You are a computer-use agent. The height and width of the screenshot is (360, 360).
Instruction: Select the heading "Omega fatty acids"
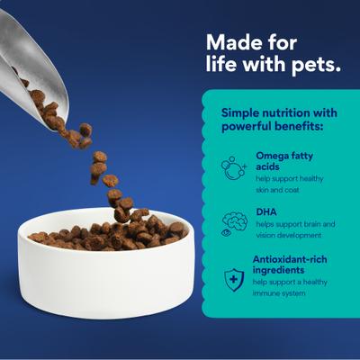284,161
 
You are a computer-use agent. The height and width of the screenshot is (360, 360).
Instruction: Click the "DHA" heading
266,212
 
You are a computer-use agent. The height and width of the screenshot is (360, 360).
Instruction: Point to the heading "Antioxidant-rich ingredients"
290,265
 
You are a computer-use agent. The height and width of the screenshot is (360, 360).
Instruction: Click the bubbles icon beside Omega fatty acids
234,168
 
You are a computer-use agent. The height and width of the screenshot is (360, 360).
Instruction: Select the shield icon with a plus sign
234,280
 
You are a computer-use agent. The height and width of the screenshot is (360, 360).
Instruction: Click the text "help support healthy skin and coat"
290,184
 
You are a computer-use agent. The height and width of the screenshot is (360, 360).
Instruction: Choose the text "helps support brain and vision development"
295,229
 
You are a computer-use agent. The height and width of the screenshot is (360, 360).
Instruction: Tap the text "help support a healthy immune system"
290,287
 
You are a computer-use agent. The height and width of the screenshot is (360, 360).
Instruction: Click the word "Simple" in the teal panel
240,113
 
